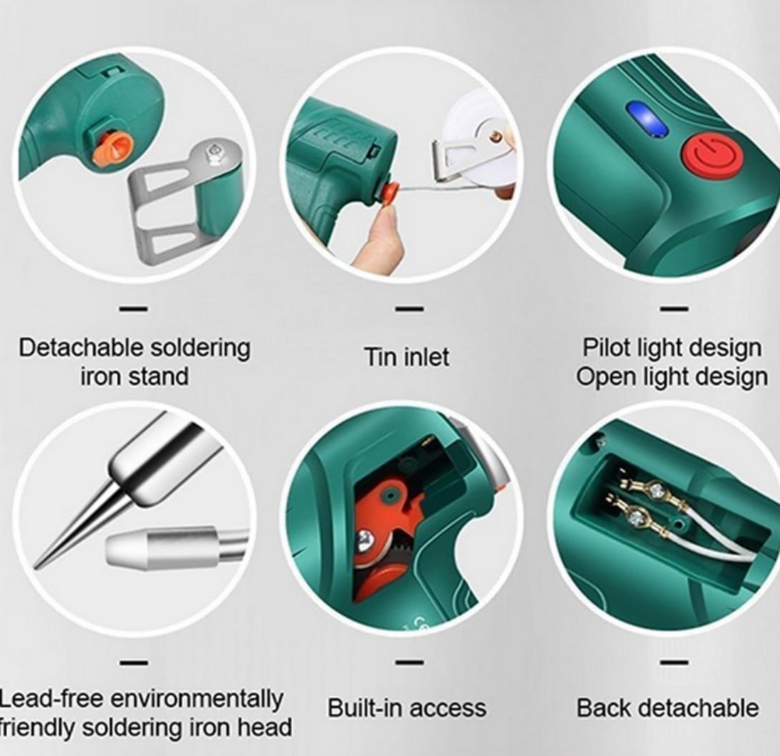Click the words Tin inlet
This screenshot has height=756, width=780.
[406, 357]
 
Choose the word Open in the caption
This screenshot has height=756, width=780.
[606, 377]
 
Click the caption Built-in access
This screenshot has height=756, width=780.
[406, 708]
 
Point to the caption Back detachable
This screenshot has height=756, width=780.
[667, 708]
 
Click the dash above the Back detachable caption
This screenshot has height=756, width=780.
[674, 663]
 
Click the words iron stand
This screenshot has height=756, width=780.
[135, 377]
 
